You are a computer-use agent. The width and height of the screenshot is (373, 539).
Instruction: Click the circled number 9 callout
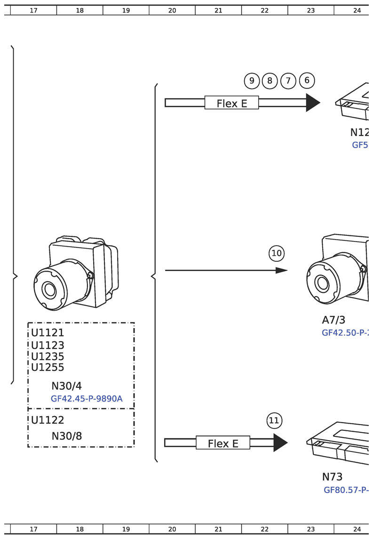tap(252, 81)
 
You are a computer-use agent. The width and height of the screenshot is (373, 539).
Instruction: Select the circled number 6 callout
tap(307, 80)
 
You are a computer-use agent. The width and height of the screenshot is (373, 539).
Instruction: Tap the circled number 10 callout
tap(277, 253)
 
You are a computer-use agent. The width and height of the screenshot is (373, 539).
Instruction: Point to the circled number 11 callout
tap(274, 420)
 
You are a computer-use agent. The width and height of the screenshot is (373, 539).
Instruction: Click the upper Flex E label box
tap(231, 103)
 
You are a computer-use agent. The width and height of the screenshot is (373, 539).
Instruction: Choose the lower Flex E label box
tap(222, 443)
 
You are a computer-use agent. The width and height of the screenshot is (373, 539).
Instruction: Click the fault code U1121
tap(48, 333)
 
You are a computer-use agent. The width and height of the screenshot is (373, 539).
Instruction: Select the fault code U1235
tap(48, 357)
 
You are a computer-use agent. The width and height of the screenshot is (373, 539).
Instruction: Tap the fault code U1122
tap(48, 420)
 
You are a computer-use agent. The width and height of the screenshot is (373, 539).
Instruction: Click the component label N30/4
tap(66, 386)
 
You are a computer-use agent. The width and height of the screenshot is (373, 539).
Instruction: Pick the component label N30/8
tap(66, 436)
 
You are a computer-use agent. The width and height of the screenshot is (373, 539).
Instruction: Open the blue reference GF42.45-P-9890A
tap(87, 399)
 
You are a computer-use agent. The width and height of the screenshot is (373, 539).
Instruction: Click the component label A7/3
tap(333, 320)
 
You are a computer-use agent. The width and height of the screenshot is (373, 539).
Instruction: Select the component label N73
tap(332, 477)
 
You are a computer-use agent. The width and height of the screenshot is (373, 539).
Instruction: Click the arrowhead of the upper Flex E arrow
tap(312, 103)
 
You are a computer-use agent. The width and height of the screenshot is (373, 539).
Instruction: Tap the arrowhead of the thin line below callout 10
tap(281, 270)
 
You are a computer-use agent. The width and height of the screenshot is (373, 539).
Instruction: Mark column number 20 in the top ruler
tap(172, 10)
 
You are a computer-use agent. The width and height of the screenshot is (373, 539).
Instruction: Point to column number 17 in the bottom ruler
tap(33, 529)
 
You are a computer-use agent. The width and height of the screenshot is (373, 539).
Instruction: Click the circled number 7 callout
tap(288, 81)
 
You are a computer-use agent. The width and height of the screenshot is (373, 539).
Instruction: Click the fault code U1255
tap(48, 368)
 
